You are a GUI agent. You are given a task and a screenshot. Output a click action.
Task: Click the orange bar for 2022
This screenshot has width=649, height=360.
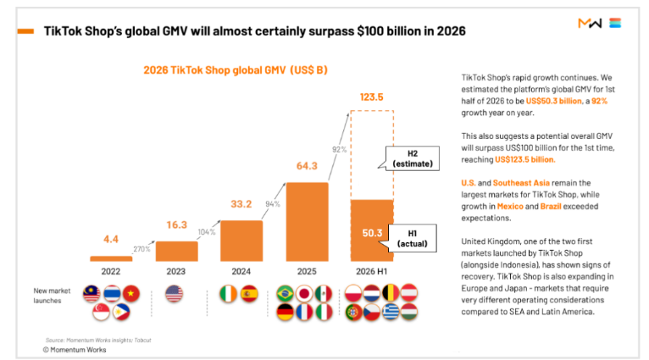pyautogui.click(x=111, y=258)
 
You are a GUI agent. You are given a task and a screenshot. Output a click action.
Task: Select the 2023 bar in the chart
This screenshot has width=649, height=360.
pyautogui.click(x=177, y=252)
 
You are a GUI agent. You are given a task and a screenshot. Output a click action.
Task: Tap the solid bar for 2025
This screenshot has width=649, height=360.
pyautogui.click(x=307, y=222)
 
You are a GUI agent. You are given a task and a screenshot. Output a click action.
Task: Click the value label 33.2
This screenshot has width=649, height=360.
pyautogui.click(x=241, y=204)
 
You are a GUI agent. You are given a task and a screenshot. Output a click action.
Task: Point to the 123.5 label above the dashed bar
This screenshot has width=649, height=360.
pyautogui.click(x=371, y=97)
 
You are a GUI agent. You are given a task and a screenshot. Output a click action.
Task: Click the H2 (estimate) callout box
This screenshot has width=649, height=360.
pyautogui.click(x=413, y=158)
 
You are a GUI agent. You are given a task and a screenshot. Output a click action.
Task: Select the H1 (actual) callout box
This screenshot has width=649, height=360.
pyautogui.click(x=413, y=238)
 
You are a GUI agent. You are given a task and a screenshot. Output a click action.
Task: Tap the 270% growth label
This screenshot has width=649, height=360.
pyautogui.click(x=141, y=249)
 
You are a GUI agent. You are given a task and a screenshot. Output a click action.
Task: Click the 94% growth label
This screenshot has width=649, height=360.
pyautogui.click(x=273, y=204)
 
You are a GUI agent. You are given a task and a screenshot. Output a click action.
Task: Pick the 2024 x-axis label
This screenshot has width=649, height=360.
pyautogui.click(x=241, y=271)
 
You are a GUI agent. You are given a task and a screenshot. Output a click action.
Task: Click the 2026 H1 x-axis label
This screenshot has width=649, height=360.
pyautogui.click(x=371, y=271)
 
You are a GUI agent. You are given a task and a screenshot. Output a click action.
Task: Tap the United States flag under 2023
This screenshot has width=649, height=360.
pyautogui.click(x=174, y=294)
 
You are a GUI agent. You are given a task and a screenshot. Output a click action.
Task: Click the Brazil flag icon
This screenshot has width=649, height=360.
pyautogui.click(x=286, y=294)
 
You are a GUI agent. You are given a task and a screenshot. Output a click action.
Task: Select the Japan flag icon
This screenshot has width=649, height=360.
pyautogui.click(x=304, y=294)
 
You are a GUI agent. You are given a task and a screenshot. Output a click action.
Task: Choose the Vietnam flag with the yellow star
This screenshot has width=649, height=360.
pyautogui.click(x=131, y=293)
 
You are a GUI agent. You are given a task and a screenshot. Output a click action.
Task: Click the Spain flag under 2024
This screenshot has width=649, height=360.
pyautogui.click(x=249, y=294)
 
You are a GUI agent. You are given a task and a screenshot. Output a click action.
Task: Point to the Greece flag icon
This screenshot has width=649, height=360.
pyautogui.click(x=391, y=312)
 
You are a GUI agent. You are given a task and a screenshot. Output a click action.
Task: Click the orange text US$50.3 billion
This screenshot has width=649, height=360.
pyautogui.click(x=554, y=101)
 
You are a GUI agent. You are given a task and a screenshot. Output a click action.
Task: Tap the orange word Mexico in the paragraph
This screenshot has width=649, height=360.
pyautogui.click(x=510, y=206)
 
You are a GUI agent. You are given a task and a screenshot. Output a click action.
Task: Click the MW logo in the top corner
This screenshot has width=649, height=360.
pyautogui.click(x=590, y=23)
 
